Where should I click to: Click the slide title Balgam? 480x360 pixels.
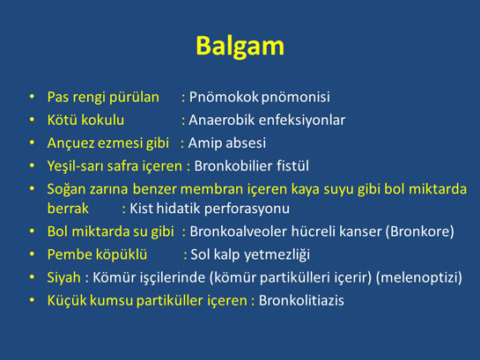240,47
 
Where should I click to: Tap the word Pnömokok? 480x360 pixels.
224,97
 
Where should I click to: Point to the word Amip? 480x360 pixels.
202,143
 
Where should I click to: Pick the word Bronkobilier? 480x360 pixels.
233,165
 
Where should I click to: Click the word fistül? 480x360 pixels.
292,165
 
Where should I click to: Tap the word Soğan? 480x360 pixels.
66,189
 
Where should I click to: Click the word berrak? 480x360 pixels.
68,209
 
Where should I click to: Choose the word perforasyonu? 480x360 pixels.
247,209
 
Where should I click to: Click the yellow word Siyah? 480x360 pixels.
64,277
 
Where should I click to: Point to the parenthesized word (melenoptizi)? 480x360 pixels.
419,278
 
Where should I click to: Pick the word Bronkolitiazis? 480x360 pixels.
301,300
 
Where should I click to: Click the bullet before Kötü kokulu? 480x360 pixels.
32,120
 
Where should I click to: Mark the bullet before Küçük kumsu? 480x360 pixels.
32,300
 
